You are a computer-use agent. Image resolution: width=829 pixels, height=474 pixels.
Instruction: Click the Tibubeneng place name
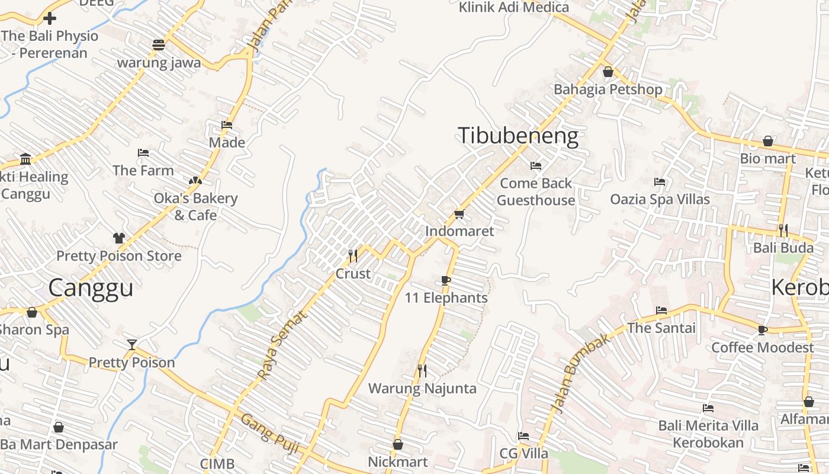[518, 136]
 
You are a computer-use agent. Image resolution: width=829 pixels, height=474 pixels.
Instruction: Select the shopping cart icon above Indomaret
[459, 214]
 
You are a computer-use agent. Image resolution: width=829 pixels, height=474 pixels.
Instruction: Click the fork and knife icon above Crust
[353, 255]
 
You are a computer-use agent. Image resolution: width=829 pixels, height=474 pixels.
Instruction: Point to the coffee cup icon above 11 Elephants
[446, 280]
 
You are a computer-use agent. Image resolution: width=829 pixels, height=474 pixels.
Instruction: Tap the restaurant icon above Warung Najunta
[422, 371]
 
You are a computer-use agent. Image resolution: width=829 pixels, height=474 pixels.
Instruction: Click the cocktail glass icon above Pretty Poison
[131, 344]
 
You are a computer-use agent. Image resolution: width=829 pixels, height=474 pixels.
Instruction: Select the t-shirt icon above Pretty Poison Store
[119, 238]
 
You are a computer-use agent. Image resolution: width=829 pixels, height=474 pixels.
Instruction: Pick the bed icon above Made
[226, 125]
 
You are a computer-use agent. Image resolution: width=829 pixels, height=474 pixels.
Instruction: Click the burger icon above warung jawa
[159, 45]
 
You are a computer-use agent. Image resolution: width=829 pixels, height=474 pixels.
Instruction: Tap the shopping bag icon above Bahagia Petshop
[608, 72]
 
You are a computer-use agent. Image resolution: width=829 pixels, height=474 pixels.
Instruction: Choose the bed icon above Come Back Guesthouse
[536, 166]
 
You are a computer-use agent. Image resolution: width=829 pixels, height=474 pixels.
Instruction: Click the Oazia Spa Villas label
[660, 199]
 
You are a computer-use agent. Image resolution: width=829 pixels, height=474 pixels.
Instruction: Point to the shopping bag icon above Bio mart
[768, 141]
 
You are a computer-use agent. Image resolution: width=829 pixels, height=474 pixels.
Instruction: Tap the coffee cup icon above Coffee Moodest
[762, 329]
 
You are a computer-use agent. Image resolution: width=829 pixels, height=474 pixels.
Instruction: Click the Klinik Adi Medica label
[514, 8]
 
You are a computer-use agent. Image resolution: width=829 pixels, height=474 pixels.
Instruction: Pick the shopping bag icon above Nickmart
[398, 444]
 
